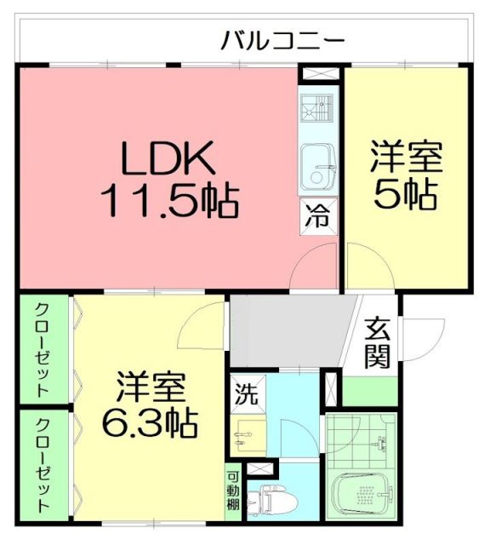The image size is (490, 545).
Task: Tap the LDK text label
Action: pyautogui.click(x=167, y=158)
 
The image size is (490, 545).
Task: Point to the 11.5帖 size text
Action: pyautogui.click(x=168, y=200)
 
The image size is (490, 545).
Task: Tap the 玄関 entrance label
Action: pyautogui.click(x=377, y=343)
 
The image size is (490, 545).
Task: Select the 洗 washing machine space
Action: pyautogui.click(x=245, y=394)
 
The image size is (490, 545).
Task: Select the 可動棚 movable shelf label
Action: pyautogui.click(x=233, y=492)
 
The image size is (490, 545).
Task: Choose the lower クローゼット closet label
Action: pyautogui.click(x=42, y=465)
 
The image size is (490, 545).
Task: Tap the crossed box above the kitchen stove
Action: pyautogui.click(x=318, y=73)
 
